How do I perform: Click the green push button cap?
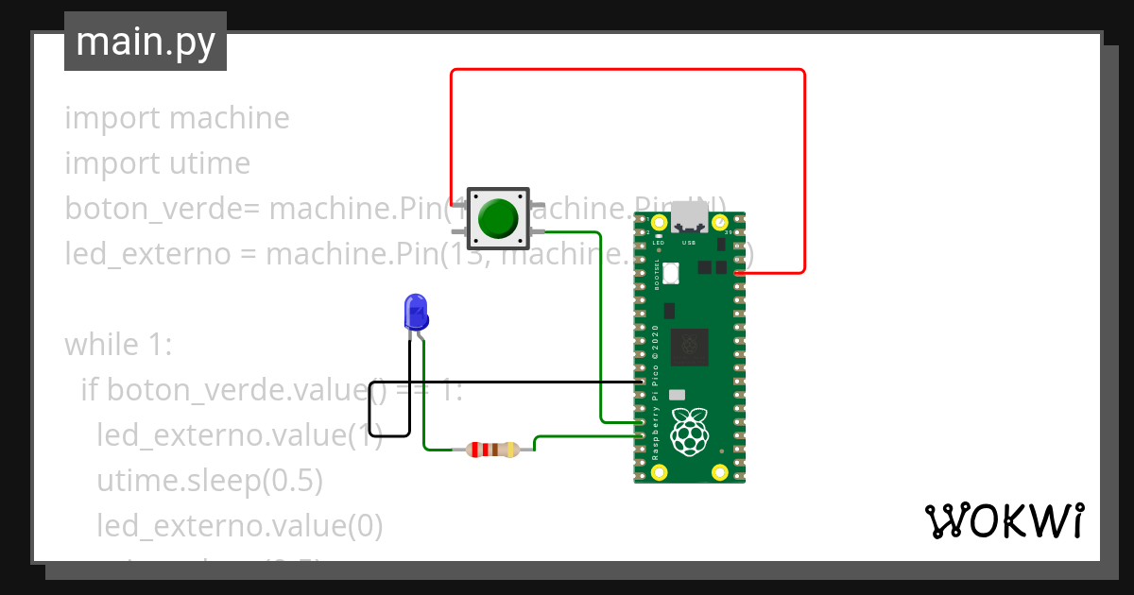(497, 218)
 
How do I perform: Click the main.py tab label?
(146, 42)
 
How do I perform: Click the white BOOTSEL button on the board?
(673, 273)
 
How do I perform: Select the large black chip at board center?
(689, 347)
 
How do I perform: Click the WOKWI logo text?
(1003, 521)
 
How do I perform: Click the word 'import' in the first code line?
(113, 118)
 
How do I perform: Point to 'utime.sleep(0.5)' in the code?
(210, 481)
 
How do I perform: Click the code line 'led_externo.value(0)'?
(239, 526)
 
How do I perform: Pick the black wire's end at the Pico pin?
(640, 382)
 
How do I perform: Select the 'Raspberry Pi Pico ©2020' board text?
(656, 392)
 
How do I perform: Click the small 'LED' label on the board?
(658, 243)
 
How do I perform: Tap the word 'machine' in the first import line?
(229, 118)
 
